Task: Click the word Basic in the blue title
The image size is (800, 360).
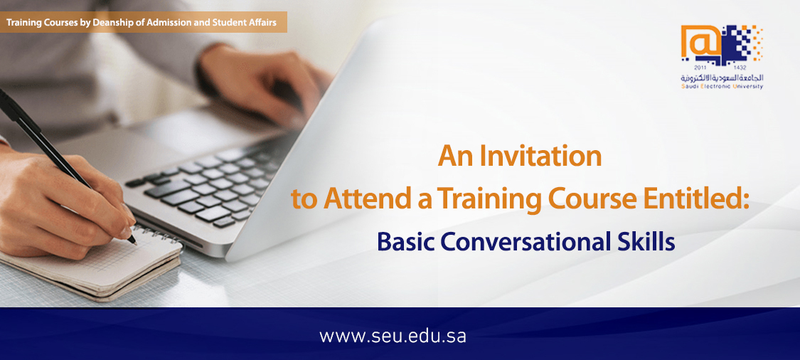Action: [405, 242]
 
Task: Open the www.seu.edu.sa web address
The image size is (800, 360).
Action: [393, 337]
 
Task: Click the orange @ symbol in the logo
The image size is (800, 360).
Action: [700, 43]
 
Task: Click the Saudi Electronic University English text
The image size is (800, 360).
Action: [722, 88]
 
